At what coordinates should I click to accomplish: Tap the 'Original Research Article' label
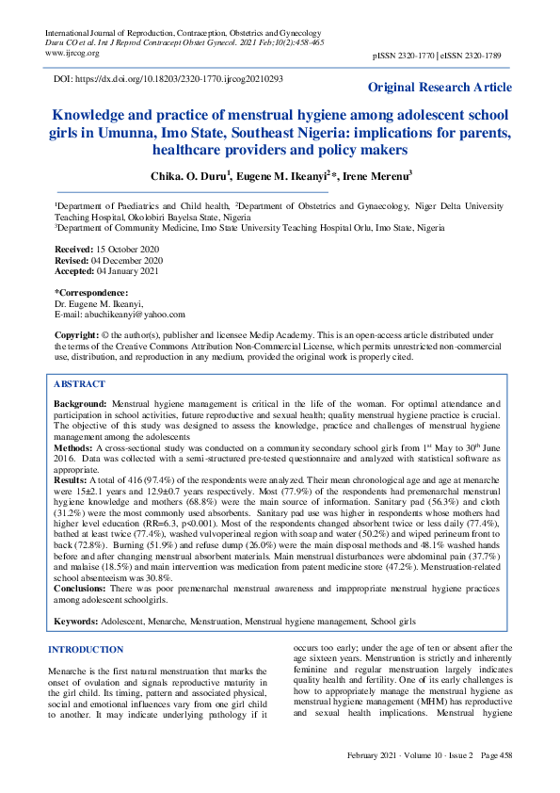pos(440,88)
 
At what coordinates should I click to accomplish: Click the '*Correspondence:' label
pos(91,293)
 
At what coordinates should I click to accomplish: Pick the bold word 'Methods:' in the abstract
pos(73,447)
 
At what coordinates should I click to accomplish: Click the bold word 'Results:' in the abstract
pos(72,480)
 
